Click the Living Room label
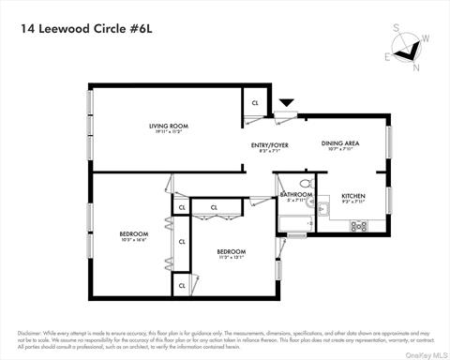click(169, 127)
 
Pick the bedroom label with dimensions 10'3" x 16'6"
click(132, 236)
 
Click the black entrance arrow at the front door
click(286, 102)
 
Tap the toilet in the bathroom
click(306, 184)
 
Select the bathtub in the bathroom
click(295, 222)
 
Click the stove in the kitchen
click(358, 225)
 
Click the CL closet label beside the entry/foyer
click(254, 103)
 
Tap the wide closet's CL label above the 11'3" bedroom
click(214, 207)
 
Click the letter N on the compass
click(416, 67)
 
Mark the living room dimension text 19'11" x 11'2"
click(169, 132)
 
